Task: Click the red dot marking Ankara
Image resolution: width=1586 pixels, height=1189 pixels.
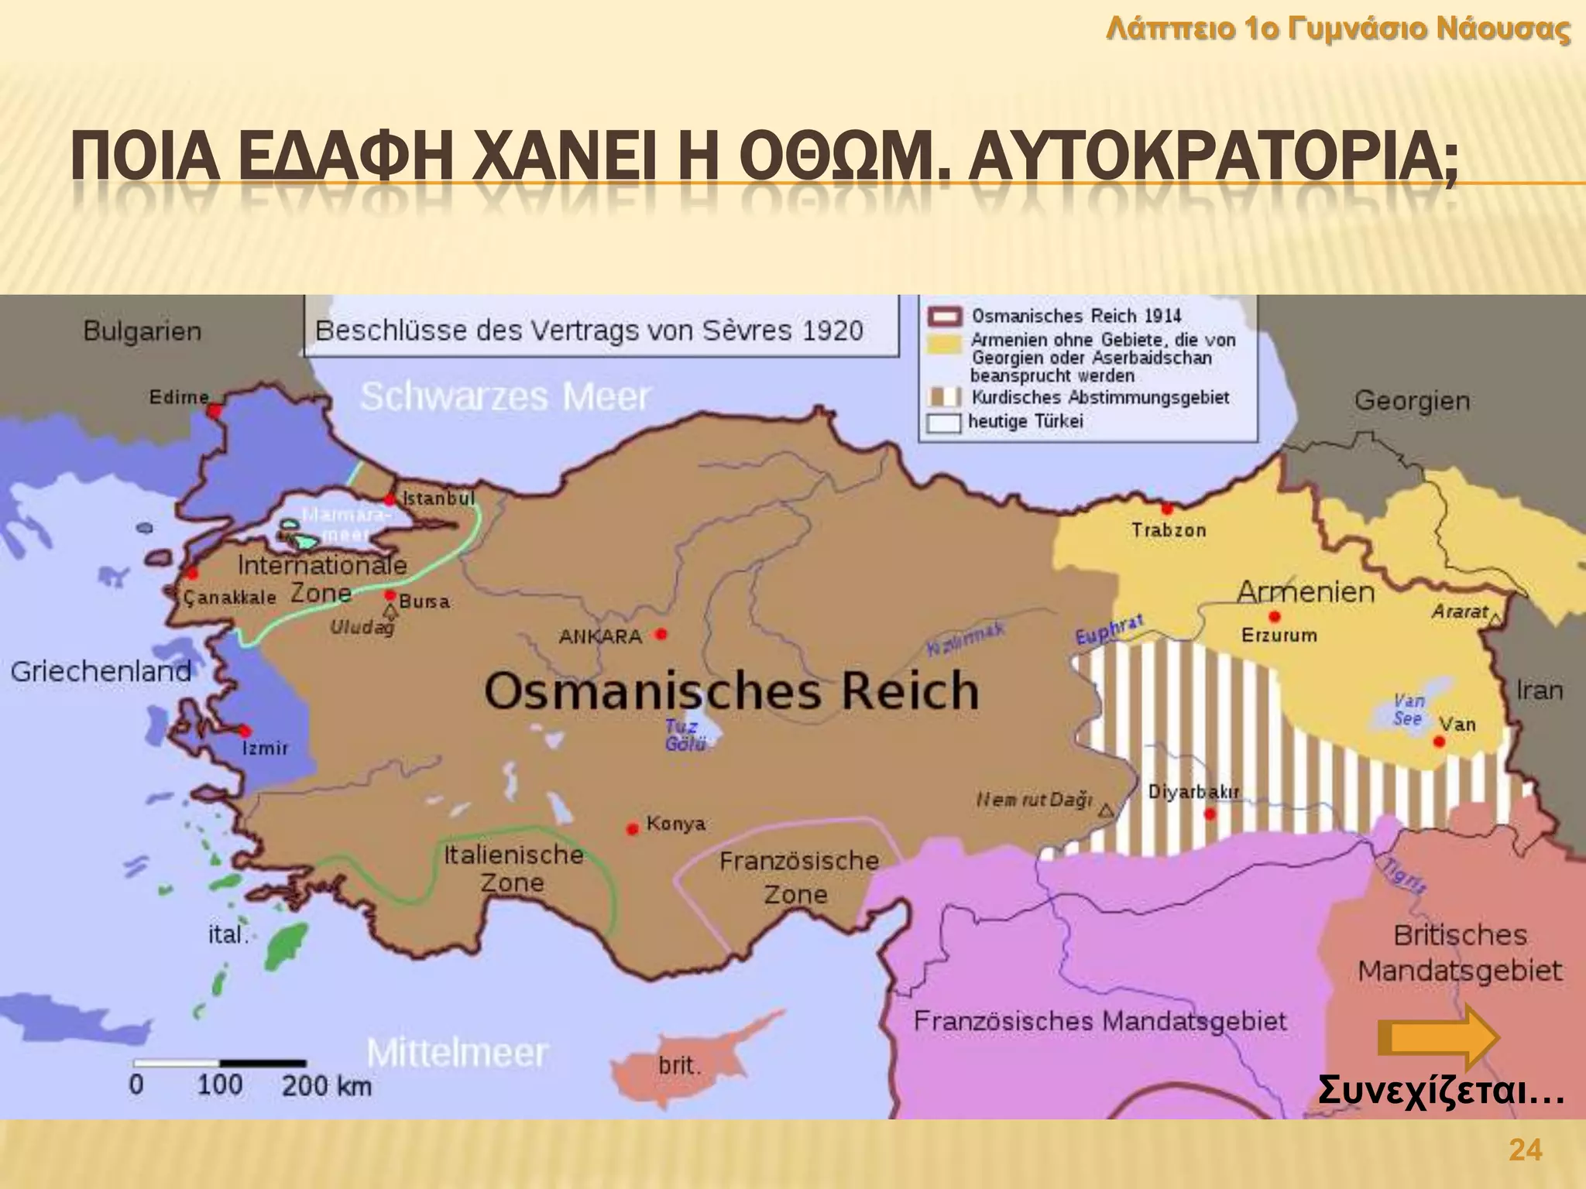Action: point(661,634)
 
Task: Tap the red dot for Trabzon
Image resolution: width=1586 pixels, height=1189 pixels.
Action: point(1167,509)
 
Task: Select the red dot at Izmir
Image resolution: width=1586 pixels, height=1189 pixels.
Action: point(245,731)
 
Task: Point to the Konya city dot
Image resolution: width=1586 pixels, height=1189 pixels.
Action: point(633,829)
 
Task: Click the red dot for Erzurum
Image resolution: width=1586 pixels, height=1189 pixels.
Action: point(1275,617)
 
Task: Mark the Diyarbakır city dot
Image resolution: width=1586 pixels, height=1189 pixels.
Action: point(1210,814)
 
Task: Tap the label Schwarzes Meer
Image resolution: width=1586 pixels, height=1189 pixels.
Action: point(505,397)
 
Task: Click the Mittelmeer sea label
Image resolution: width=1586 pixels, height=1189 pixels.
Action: point(457,1053)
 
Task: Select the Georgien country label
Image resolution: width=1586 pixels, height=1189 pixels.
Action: point(1411,401)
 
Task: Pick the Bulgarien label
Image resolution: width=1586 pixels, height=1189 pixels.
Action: point(142,331)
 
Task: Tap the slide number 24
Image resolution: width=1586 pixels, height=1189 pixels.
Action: point(1525,1150)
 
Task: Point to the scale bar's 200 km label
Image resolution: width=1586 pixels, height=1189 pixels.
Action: point(326,1086)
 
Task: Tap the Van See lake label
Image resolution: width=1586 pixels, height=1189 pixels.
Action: point(1408,710)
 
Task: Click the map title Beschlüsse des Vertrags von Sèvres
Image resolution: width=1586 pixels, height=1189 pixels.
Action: point(589,331)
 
